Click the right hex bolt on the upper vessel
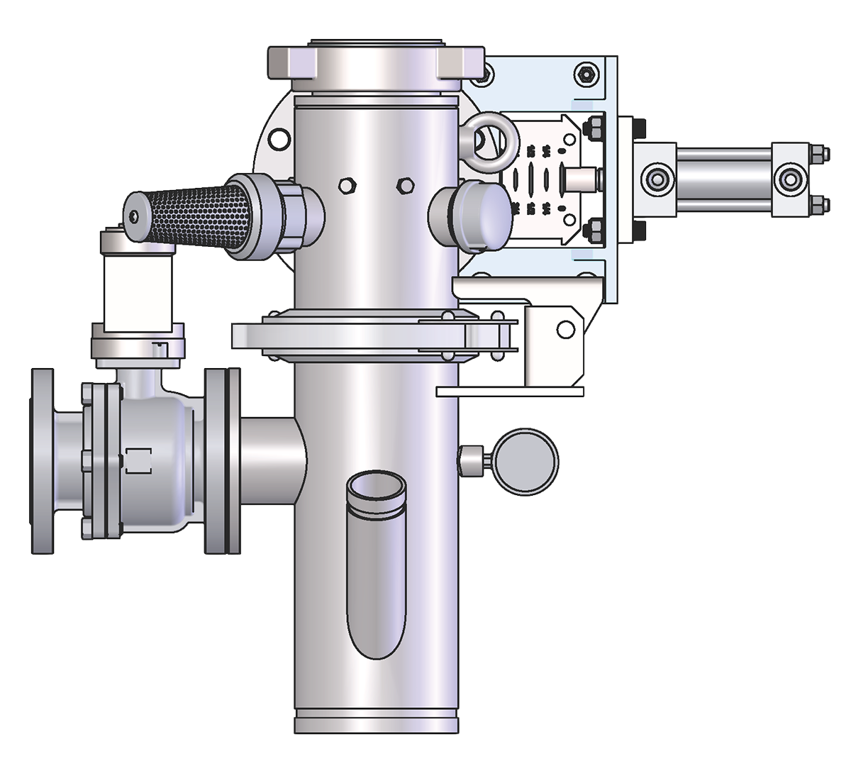click(x=406, y=185)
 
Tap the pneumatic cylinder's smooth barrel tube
click(x=723, y=177)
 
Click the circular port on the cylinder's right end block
click(x=788, y=179)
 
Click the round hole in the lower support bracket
click(x=564, y=328)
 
